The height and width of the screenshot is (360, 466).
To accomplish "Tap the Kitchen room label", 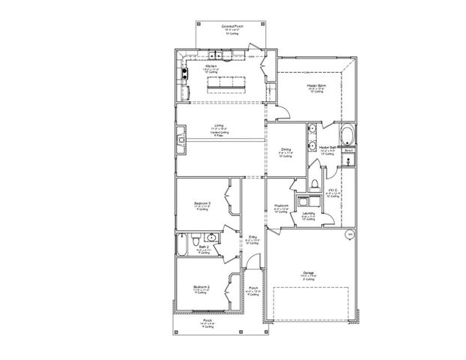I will coord(212,65).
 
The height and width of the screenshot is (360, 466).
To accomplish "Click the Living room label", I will coord(219,126).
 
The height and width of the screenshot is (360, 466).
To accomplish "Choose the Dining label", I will coord(286,149).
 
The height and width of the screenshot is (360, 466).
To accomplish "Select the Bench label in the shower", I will coord(348,151).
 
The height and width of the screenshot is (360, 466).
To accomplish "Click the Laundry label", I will coord(308,214).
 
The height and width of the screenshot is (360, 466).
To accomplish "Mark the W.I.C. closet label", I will coord(333,191).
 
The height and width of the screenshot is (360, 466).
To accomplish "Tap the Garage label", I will coord(309,273).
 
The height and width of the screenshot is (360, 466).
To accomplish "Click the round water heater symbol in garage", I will coord(349,235).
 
